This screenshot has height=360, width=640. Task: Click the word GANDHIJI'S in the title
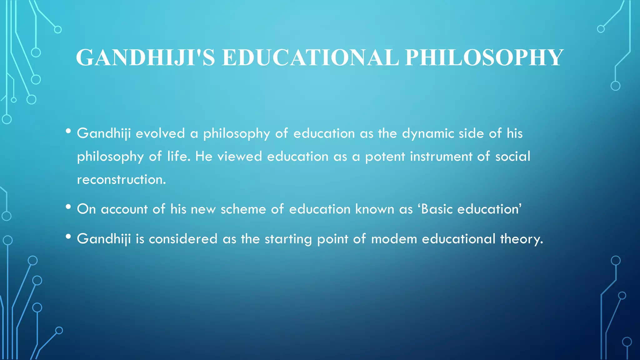[x=145, y=58]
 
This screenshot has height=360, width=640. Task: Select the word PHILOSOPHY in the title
[x=484, y=58]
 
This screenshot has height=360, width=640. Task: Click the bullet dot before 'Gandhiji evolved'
[x=68, y=131]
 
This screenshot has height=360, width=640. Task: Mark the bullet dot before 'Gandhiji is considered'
[x=68, y=237]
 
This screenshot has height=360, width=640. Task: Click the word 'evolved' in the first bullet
[x=160, y=133]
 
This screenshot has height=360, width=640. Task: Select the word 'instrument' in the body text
[x=441, y=157]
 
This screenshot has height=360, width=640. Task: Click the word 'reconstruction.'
[x=122, y=180]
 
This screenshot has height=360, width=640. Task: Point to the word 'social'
[x=512, y=157]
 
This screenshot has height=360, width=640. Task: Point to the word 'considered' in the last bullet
[x=183, y=239]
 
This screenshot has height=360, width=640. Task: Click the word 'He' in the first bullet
[x=204, y=157]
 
